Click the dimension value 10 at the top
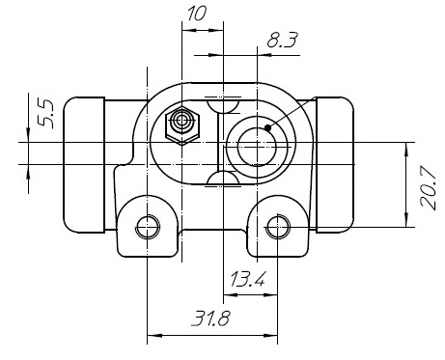pyautogui.click(x=197, y=13)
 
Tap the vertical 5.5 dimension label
pyautogui.click(x=43, y=114)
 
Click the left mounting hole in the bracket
pyautogui.click(x=147, y=228)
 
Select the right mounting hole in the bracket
pyautogui.click(x=278, y=228)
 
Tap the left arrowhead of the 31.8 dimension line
pyautogui.click(x=152, y=337)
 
